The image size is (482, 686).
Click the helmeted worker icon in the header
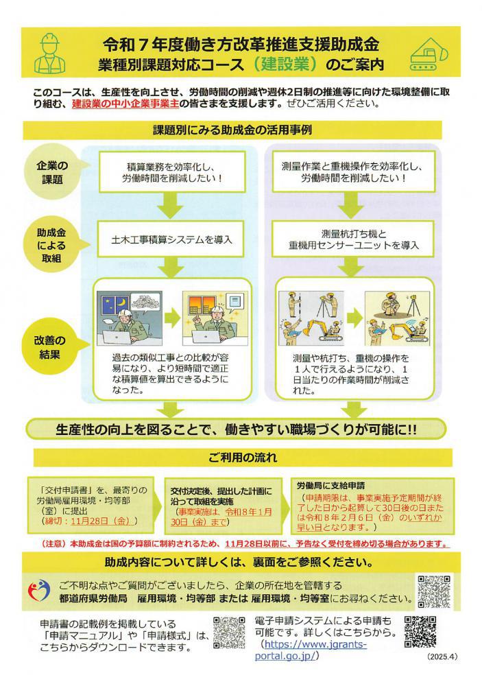pyautogui.click(x=50, y=53)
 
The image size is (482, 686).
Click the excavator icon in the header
pyautogui.click(x=429, y=54)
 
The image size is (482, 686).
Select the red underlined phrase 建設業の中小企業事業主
pyautogui.click(x=125, y=104)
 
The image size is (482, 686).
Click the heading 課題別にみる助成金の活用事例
pyautogui.click(x=232, y=130)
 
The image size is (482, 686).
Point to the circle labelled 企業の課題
pyautogui.click(x=53, y=173)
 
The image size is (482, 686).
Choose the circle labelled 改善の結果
pyautogui.click(x=50, y=347)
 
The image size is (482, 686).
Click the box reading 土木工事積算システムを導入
pyautogui.click(x=171, y=239)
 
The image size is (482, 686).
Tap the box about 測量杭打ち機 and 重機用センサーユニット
pyautogui.click(x=353, y=239)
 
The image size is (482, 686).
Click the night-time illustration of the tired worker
pyautogui.click(x=130, y=318)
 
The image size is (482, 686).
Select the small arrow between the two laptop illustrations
pyautogui.click(x=172, y=318)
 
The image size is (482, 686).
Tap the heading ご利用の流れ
pyautogui.click(x=243, y=458)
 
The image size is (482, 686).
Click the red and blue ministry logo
pyautogui.click(x=39, y=591)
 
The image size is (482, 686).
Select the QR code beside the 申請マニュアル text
pyautogui.click(x=229, y=632)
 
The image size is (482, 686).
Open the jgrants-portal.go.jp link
pyautogui.click(x=311, y=650)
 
